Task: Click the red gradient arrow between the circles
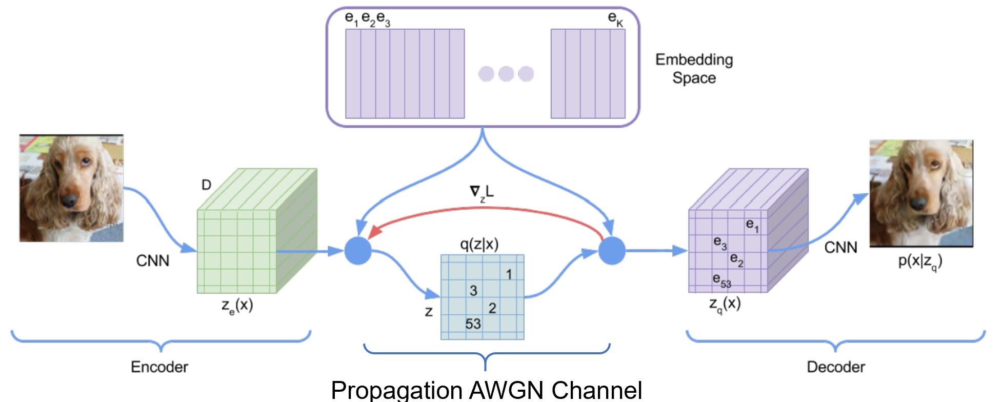coord(485,208)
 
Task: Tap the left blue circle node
coord(357,251)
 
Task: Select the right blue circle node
coord(612,251)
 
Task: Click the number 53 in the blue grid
coord(473,324)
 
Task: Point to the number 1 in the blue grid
coord(509,275)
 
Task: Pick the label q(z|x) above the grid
coord(479,244)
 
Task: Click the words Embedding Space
coord(694,69)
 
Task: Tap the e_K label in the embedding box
coord(615,19)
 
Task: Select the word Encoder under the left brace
coord(159,367)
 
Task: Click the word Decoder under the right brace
coord(836,367)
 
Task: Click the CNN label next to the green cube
coord(152,261)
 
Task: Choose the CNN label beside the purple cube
coord(840,248)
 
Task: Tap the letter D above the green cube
coord(206,185)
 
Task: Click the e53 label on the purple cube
coord(722,280)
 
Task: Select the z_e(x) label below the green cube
coord(237,306)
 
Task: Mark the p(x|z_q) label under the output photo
coord(920,262)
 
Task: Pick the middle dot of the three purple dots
coord(506,74)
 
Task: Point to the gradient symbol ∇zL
coord(482,193)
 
